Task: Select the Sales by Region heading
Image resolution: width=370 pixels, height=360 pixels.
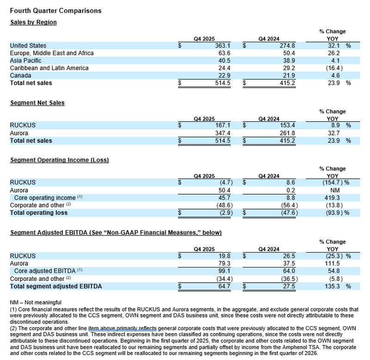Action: (33, 22)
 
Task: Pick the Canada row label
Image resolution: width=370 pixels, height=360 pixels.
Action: (21, 75)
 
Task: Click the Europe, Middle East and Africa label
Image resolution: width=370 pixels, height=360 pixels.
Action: (52, 53)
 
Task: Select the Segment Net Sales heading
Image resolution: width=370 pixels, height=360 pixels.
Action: (37, 103)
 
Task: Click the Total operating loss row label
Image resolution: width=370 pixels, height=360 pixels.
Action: (39, 213)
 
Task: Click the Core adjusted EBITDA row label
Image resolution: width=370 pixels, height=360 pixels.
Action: (42, 271)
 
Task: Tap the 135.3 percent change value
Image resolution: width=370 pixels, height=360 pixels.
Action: (333, 286)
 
